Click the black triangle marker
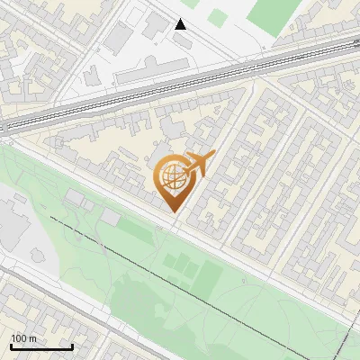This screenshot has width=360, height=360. pyautogui.click(x=180, y=24)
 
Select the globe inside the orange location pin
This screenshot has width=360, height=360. pyautogui.click(x=171, y=177)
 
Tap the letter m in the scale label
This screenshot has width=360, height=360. pyautogui.click(x=32, y=338)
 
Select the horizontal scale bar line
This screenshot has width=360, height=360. pyautogui.click(x=41, y=347)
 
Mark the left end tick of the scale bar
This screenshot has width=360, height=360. pyautogui.click(x=11, y=346)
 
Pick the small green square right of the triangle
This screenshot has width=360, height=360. pyautogui.click(x=218, y=16)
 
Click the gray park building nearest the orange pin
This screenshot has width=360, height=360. pyautogui.click(x=110, y=217)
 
